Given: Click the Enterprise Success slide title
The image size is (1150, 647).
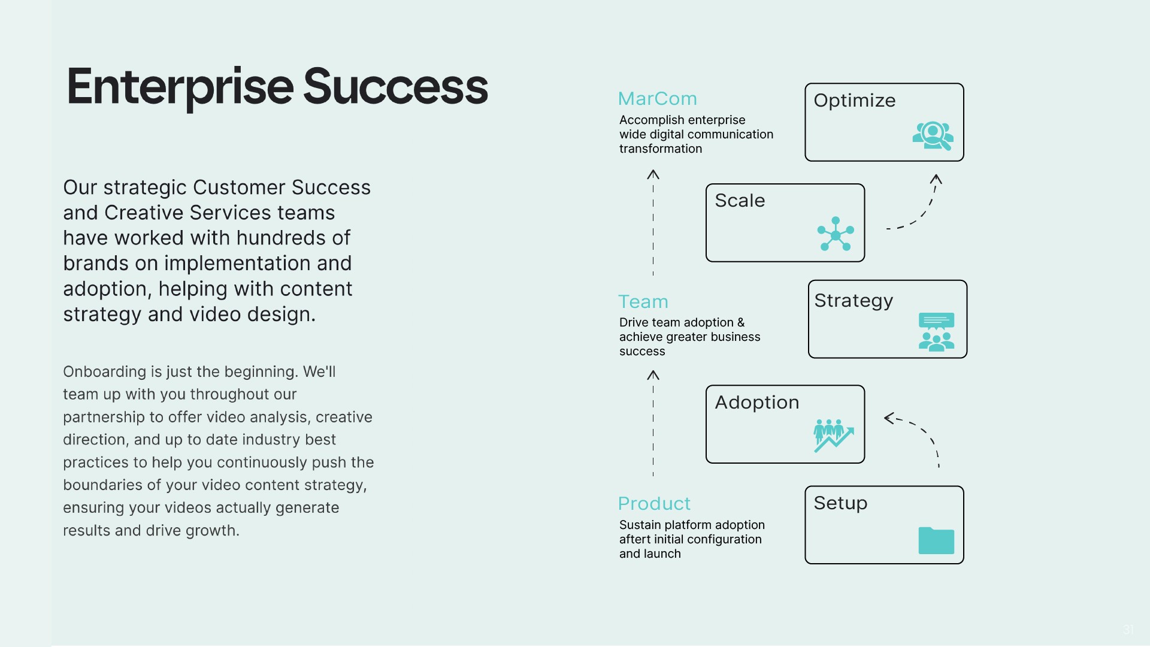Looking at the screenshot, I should pos(277,87).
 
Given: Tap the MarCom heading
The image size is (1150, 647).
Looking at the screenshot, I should pos(657,99).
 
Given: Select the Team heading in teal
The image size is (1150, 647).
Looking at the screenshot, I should pos(643,302).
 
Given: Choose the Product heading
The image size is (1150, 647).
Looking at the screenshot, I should pos(654,504).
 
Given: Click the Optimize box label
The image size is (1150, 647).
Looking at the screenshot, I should pos(854,101).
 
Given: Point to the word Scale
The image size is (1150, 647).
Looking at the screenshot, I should pos(740,201).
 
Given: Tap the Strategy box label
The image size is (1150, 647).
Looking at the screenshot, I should pos(854,301).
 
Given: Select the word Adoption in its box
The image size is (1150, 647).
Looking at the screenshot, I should pos(756,403).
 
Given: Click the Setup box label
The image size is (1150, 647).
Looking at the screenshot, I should pos(840,503).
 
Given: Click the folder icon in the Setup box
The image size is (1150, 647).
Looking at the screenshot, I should pos(936,540).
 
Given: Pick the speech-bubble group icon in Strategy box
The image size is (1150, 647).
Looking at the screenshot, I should pos(936,332).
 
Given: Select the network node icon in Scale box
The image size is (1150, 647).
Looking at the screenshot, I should pos(836,234).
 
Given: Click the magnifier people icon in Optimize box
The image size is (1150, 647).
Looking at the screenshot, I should pos(933,135).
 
